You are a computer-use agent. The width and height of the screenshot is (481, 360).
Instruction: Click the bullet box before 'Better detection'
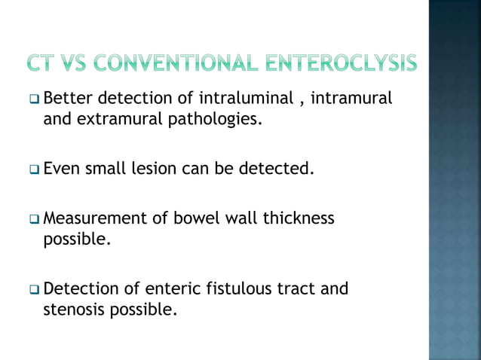(35, 99)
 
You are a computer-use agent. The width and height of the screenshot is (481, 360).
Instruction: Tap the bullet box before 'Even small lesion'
(35, 169)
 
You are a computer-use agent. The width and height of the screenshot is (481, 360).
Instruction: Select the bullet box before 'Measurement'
(35, 219)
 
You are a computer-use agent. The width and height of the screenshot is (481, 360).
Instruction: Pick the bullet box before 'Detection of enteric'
(35, 288)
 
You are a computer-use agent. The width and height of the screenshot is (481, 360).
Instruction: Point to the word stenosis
(73, 308)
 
